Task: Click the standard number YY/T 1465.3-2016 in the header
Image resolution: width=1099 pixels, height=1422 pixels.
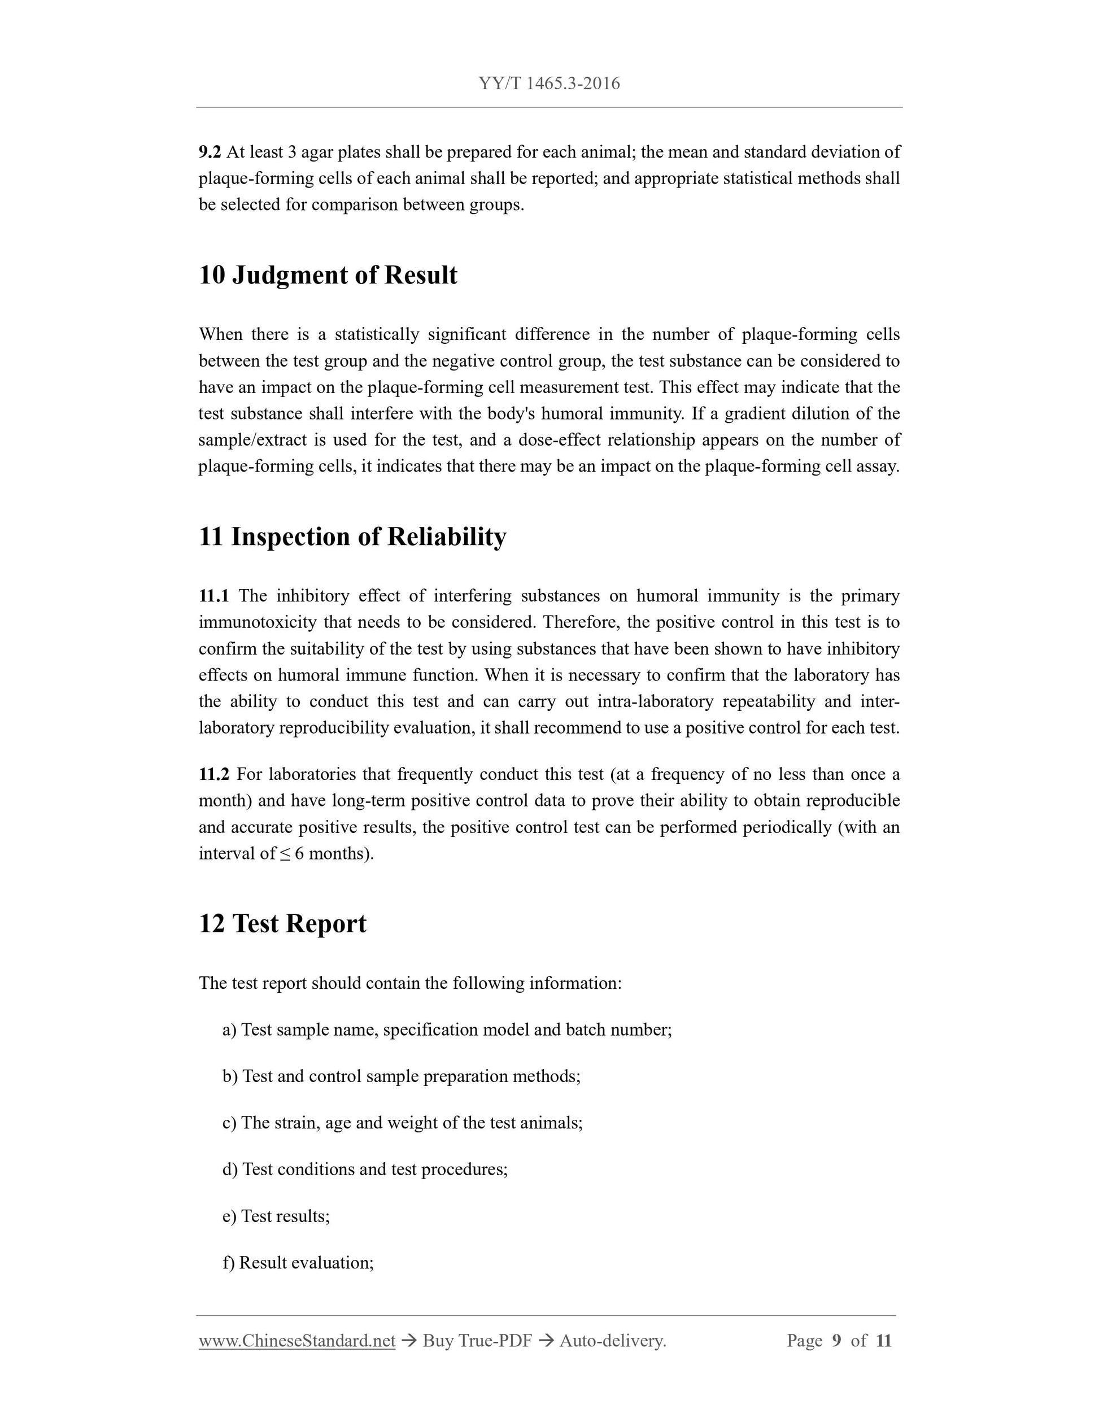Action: (549, 84)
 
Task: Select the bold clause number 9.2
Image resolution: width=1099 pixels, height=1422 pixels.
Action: (210, 152)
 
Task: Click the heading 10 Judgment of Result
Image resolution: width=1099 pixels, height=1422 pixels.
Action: (328, 275)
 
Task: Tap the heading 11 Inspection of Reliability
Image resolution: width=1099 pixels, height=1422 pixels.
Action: (352, 536)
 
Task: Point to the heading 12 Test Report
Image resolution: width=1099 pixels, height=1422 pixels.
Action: (282, 923)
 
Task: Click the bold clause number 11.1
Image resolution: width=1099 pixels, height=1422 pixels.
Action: (213, 596)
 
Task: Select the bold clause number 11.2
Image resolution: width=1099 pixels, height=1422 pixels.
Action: (213, 774)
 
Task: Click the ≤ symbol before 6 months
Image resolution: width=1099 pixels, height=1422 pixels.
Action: (285, 853)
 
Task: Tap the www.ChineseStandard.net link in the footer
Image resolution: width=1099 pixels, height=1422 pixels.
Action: (297, 1341)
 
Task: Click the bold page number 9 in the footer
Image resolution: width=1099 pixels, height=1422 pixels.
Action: (836, 1341)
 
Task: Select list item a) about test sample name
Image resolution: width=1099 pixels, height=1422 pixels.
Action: (447, 1030)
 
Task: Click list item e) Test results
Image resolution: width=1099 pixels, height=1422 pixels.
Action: (276, 1216)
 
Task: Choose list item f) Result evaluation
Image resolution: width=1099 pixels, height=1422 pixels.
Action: (298, 1263)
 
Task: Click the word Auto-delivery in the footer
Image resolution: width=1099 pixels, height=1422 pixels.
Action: (612, 1341)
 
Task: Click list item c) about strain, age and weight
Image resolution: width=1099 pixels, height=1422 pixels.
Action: (402, 1123)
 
